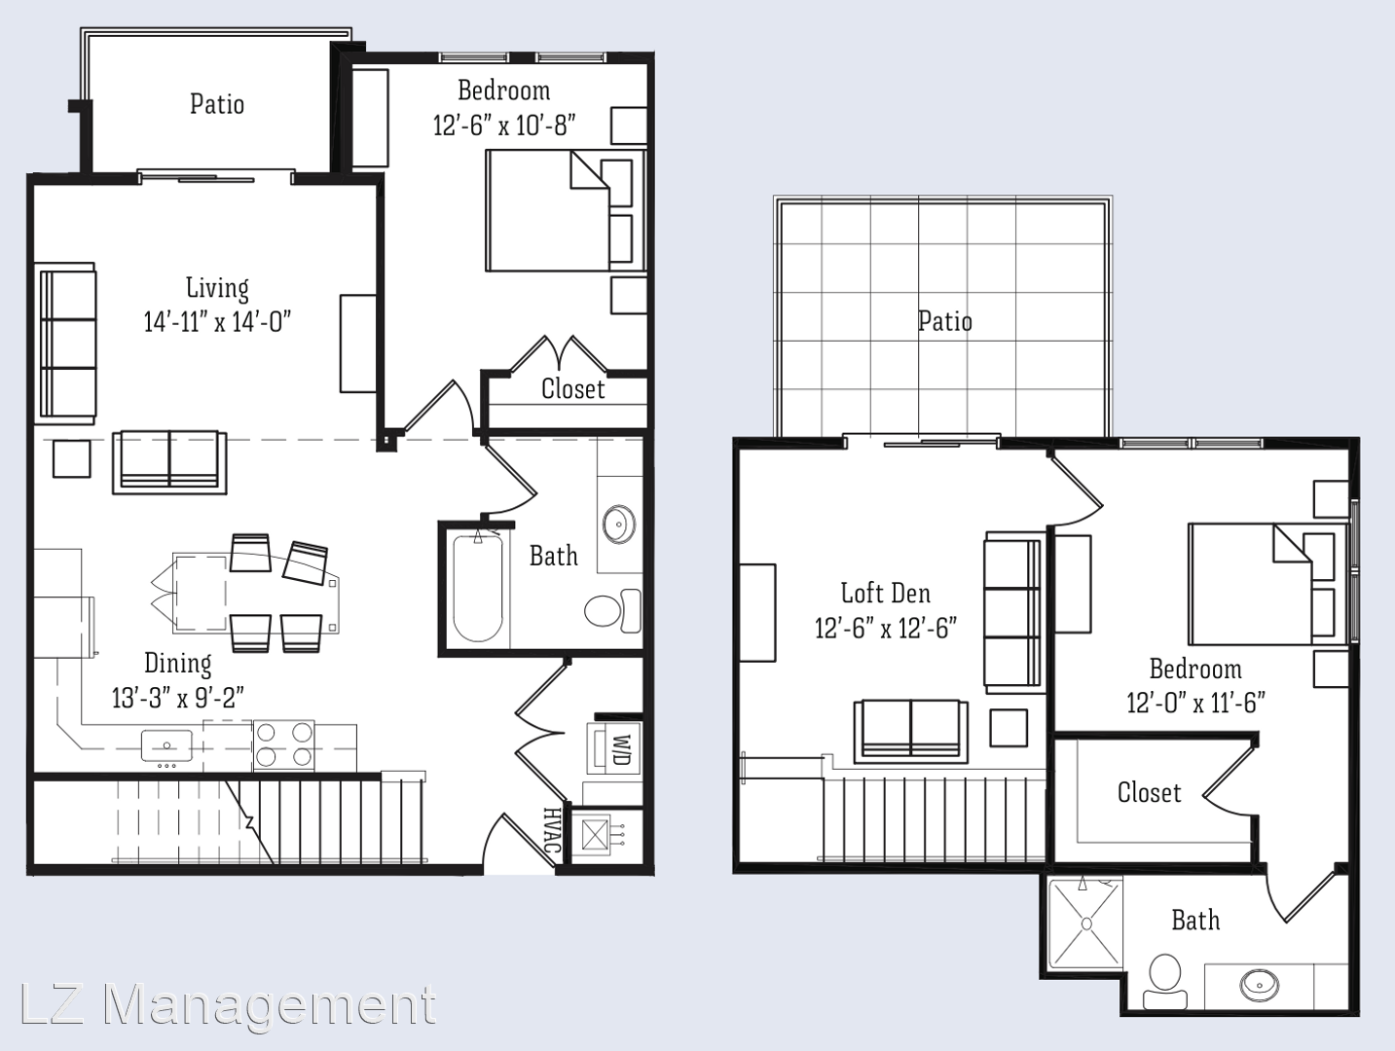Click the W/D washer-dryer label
click(623, 750)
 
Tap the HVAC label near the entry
click(552, 830)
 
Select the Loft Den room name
click(885, 593)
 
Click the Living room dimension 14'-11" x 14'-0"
click(217, 322)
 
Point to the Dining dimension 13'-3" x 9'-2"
click(178, 698)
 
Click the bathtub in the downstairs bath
click(478, 588)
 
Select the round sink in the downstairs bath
click(618, 524)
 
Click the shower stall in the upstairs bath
click(1086, 924)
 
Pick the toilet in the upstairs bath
click(1165, 982)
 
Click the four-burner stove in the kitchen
click(283, 745)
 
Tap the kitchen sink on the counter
click(166, 745)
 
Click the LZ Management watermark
click(229, 1004)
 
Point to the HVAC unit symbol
click(596, 836)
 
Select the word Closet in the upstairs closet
click(1149, 792)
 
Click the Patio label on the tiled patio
click(945, 321)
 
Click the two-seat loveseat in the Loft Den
click(911, 731)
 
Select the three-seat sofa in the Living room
click(67, 344)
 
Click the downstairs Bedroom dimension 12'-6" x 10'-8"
click(504, 126)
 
